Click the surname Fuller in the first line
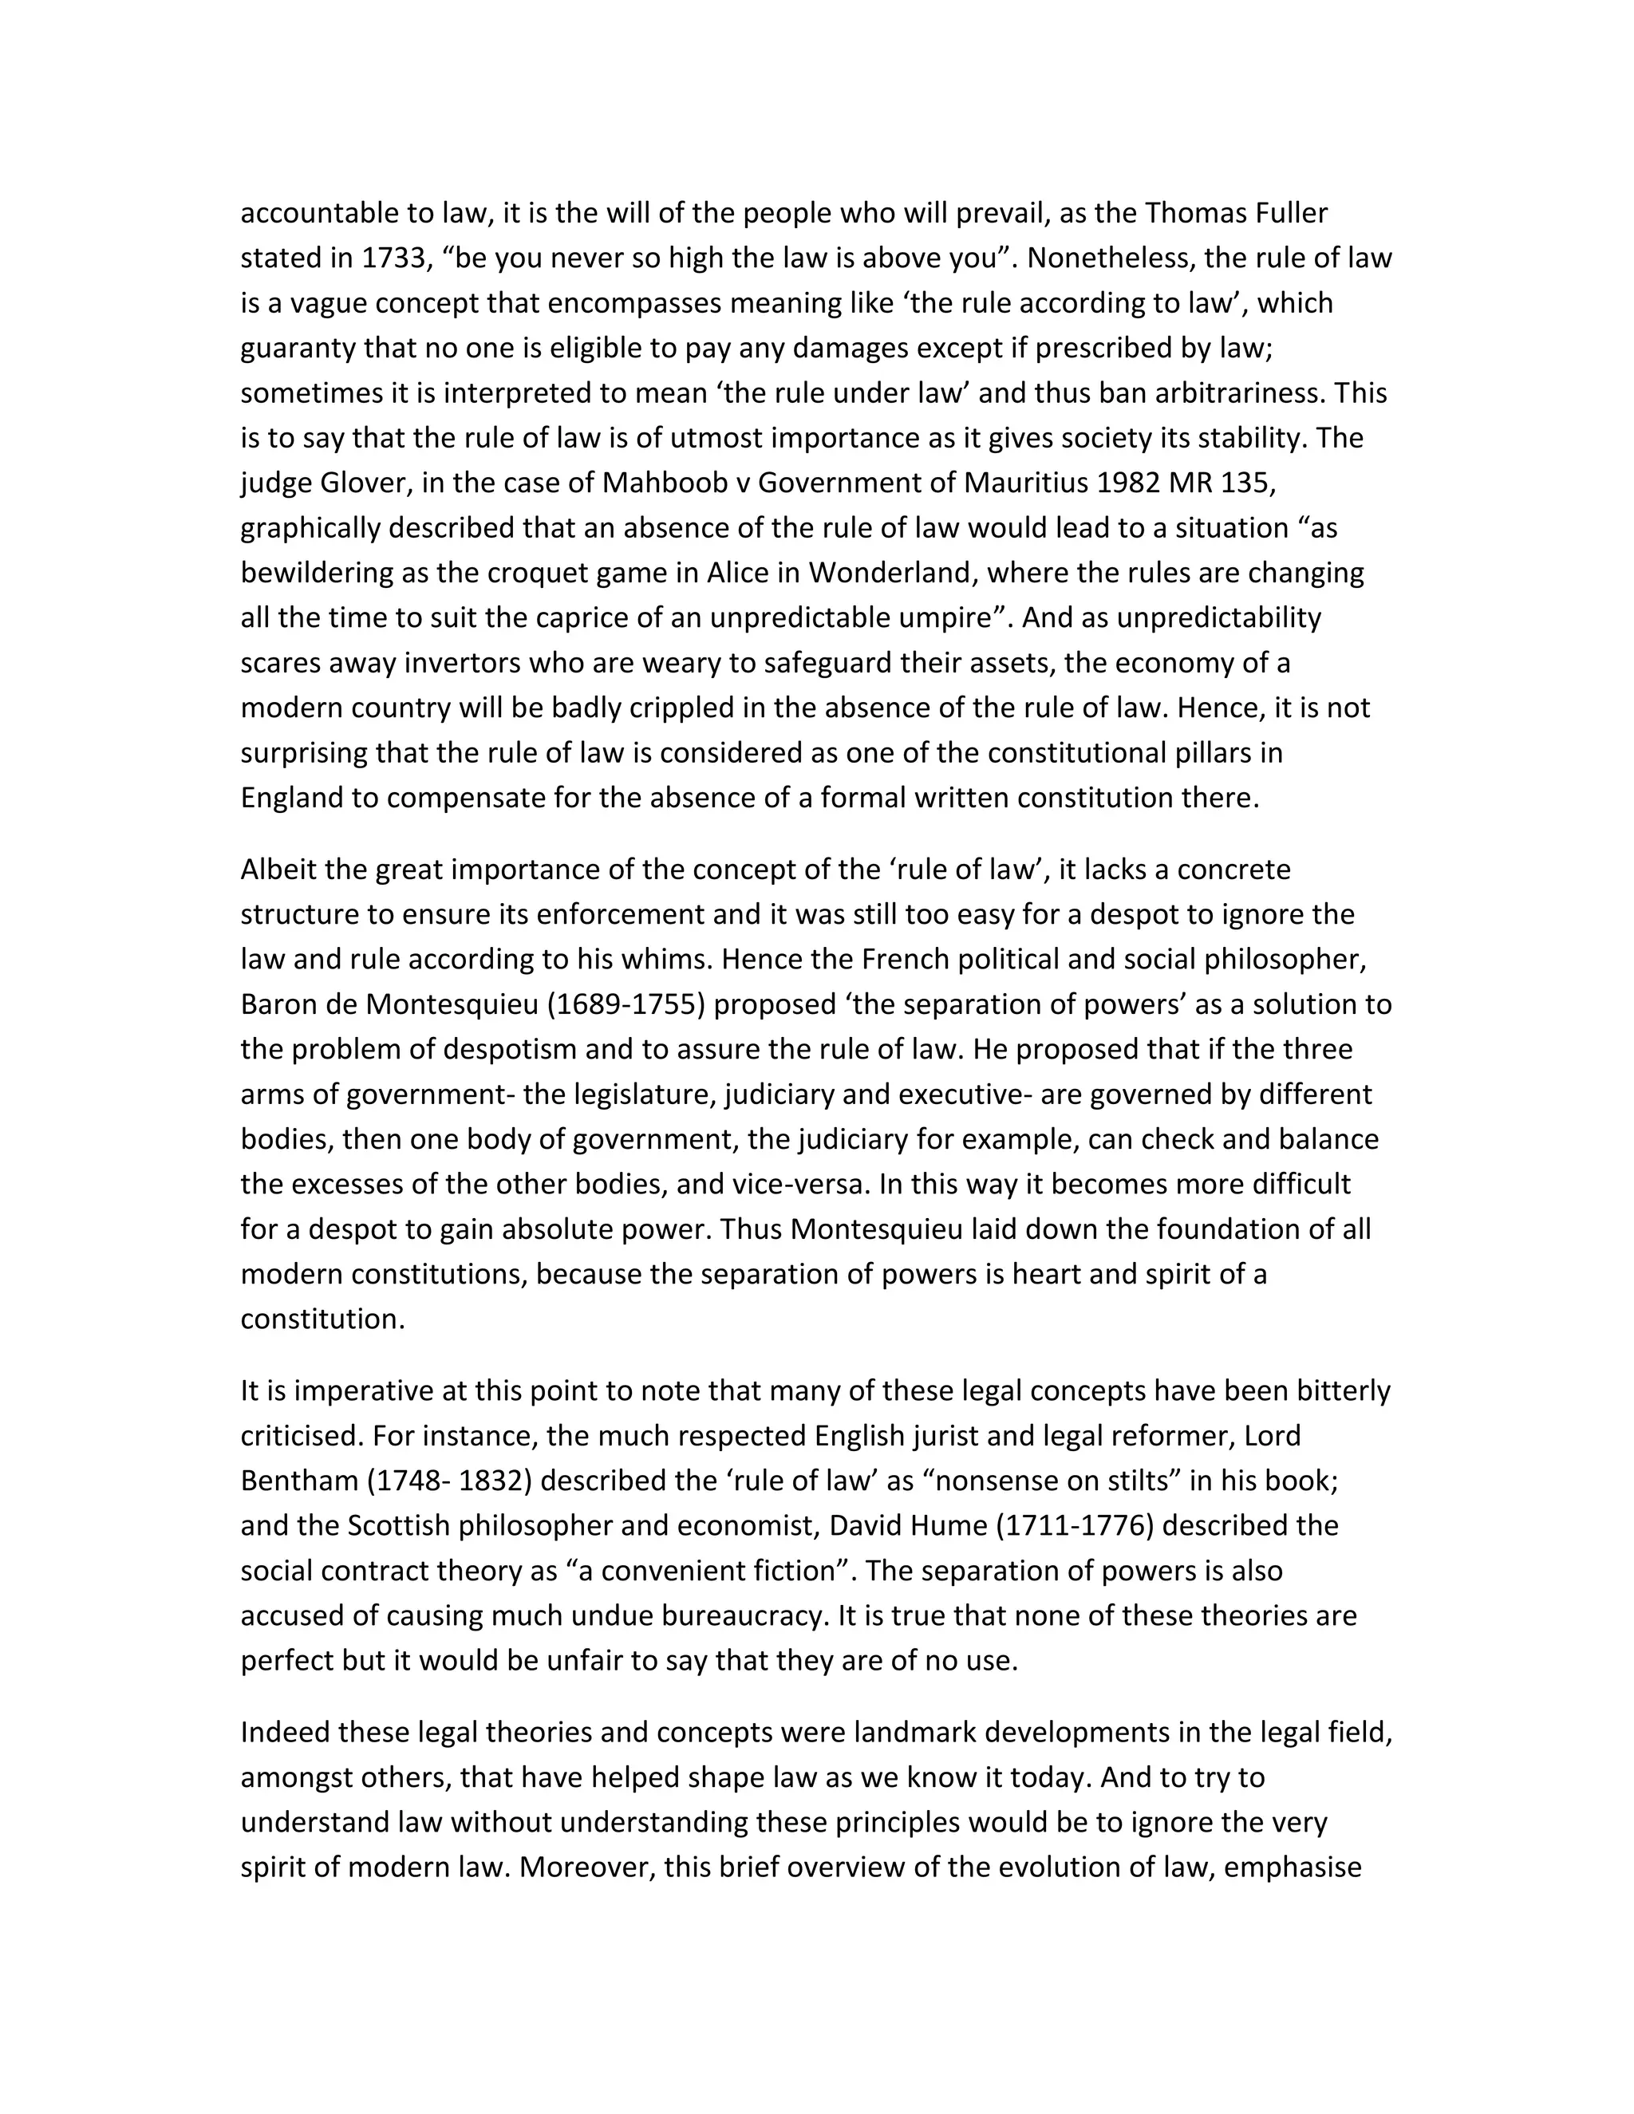pos(1283,213)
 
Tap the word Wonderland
pos(884,573)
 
